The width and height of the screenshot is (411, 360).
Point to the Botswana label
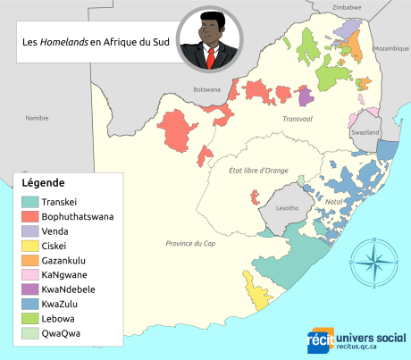coord(206,89)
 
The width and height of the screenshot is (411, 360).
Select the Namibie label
coord(37,118)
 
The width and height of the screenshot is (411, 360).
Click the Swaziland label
coord(366,132)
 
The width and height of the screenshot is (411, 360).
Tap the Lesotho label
coord(287,207)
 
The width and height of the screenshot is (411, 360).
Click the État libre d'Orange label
coord(259,170)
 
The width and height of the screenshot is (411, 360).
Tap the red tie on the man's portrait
coord(211,57)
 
